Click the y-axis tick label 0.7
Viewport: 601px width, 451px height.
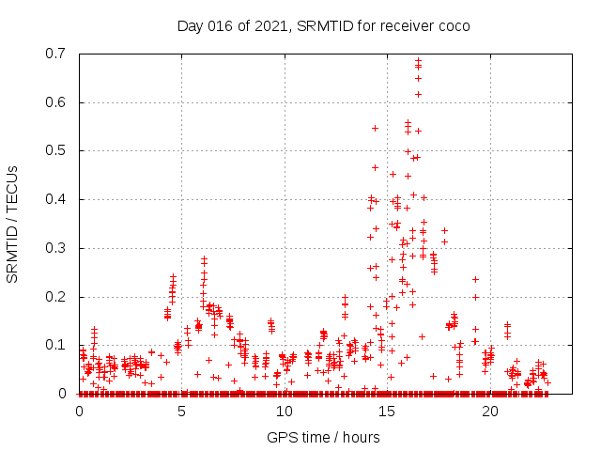coord(59,54)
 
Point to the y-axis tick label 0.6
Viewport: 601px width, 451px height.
coord(59,102)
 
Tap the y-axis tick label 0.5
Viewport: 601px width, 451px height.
coord(59,150)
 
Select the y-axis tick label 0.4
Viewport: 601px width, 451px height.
coord(59,199)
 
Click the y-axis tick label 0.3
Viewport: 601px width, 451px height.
coord(59,248)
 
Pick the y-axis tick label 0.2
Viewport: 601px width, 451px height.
coord(59,297)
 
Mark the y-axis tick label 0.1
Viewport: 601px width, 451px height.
coord(59,345)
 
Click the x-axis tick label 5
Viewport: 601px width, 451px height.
coord(182,412)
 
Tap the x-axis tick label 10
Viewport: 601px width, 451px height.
coord(285,412)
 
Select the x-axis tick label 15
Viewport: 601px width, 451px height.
coord(387,412)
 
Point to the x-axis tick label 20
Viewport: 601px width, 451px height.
coord(489,412)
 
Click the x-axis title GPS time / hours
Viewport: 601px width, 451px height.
coord(323,437)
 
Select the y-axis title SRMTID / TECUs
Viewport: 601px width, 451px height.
coord(13,224)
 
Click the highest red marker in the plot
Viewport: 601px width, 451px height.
coord(418,61)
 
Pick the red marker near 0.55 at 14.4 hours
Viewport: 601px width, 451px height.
coord(375,128)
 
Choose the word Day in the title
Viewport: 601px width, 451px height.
coord(191,25)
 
